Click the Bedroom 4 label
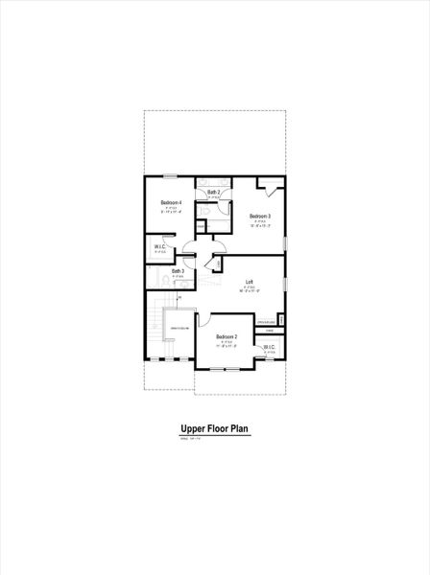click(172, 202)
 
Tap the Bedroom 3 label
click(261, 217)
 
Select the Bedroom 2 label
click(226, 337)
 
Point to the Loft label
click(250, 282)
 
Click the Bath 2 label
click(213, 193)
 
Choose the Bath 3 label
click(179, 271)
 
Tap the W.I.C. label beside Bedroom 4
click(160, 247)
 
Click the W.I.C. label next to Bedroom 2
click(270, 348)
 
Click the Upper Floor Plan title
click(215, 430)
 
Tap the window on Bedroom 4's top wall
click(171, 175)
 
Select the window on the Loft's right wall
click(285, 284)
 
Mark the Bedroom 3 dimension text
click(261, 227)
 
